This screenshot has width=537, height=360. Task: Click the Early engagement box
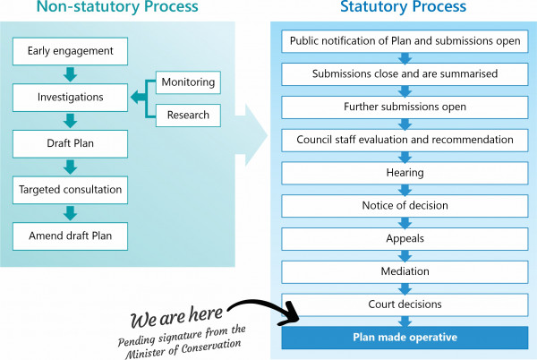point(70,51)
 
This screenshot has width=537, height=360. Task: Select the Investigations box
point(70,98)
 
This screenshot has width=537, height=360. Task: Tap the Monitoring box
point(188,82)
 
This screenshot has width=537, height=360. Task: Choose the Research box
point(188,116)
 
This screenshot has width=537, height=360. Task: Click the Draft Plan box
point(70,143)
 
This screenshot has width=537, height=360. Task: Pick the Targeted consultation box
point(70,190)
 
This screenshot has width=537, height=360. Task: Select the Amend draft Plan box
point(70,236)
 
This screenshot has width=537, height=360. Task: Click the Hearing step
point(405,173)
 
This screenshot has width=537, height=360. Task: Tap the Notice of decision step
point(405,205)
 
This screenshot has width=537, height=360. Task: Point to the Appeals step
point(405,238)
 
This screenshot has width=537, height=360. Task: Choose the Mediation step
point(405,271)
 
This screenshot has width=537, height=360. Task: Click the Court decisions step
point(405,304)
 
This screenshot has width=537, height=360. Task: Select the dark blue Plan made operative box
point(405,338)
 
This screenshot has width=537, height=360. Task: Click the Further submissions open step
point(405,107)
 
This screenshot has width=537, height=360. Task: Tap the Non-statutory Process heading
point(117,6)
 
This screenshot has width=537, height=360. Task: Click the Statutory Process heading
point(404,6)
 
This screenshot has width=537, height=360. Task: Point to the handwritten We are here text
point(176,316)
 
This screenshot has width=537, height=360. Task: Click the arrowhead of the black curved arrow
point(290,314)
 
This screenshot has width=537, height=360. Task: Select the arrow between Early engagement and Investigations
point(70,74)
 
